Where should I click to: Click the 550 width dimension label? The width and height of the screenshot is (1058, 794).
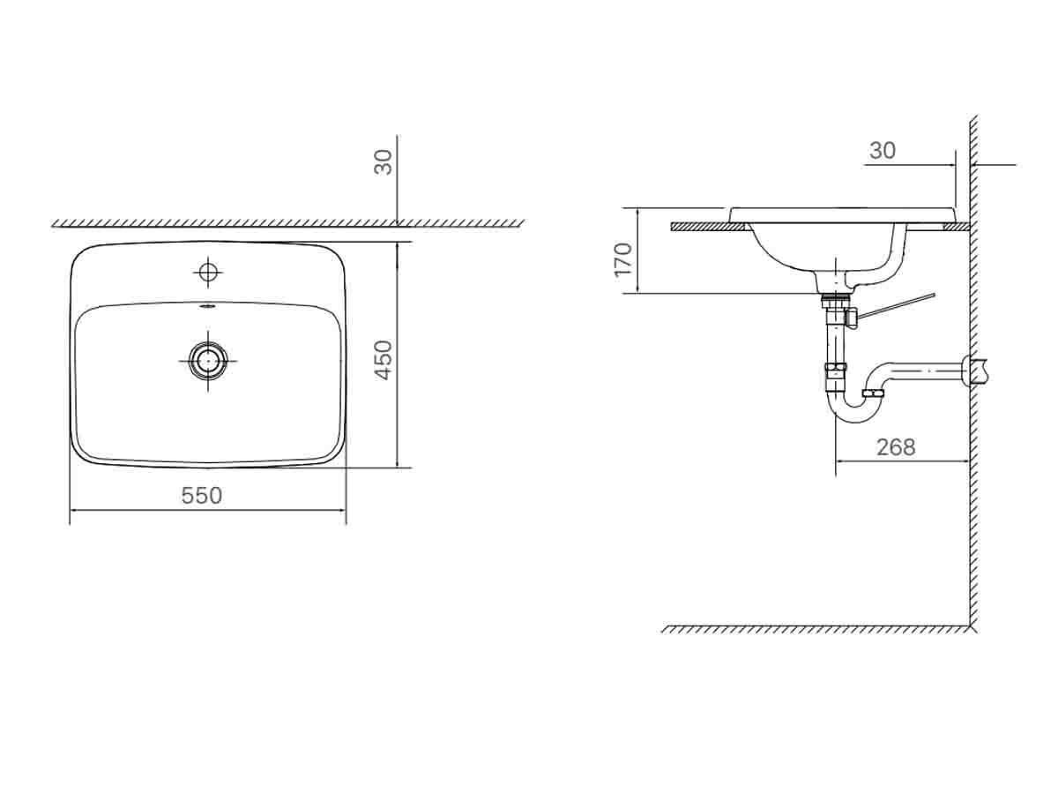(202, 496)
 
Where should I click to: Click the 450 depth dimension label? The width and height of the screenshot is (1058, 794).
(382, 360)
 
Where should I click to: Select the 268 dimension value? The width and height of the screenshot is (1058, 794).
(896, 447)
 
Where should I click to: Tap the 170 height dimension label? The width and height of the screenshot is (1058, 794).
(624, 258)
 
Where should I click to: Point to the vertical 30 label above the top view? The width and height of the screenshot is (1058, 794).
(383, 161)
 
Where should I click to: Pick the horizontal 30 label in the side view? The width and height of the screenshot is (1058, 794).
(882, 151)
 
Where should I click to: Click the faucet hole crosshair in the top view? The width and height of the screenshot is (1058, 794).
(208, 272)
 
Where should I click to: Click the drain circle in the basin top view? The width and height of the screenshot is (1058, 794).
(208, 358)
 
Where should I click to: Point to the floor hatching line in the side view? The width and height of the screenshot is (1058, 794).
(816, 629)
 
